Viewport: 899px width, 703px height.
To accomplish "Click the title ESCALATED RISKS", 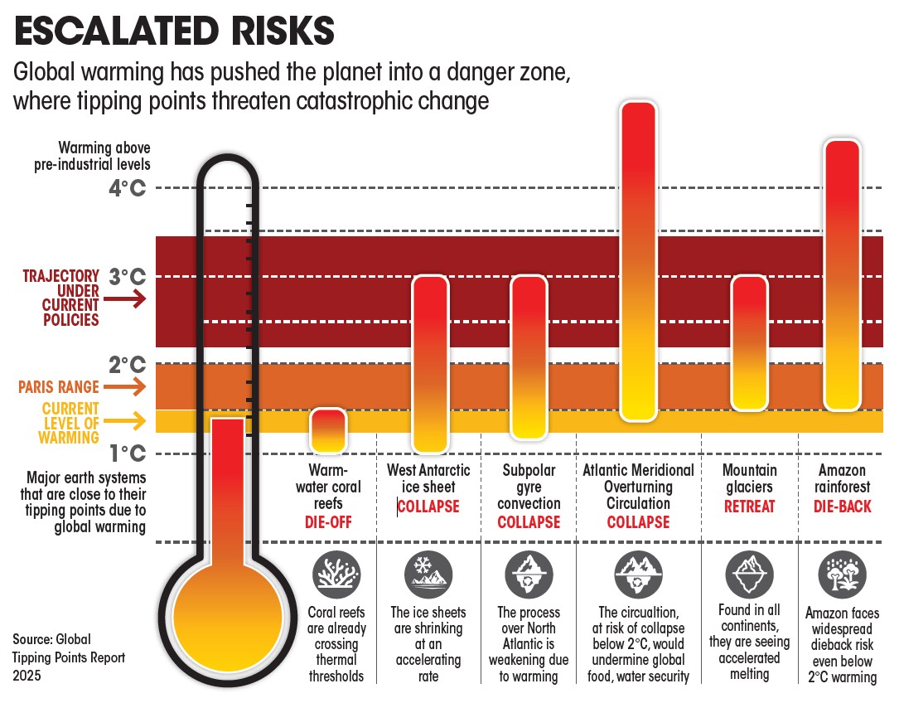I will (x=175, y=32).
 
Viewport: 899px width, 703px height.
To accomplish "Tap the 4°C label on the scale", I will (x=127, y=188).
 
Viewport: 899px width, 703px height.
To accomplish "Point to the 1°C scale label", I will (x=127, y=453).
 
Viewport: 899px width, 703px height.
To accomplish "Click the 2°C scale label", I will (x=127, y=365).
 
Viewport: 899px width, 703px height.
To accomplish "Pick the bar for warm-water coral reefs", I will (x=328, y=430).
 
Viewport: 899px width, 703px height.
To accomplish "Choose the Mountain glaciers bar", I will (x=749, y=342).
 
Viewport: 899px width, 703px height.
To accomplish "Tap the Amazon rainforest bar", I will (x=844, y=275).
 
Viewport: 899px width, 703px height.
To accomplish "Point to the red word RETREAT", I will (x=749, y=506).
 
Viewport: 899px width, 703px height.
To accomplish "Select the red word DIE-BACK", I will (x=843, y=506).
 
